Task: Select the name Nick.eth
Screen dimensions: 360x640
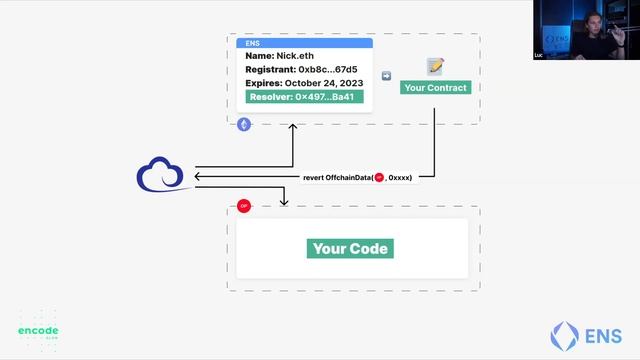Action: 280,56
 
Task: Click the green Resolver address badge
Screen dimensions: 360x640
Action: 304,97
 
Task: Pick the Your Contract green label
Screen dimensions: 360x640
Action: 434,88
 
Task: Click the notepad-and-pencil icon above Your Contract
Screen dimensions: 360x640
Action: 435,67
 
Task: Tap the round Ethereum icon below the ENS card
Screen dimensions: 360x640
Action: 244,124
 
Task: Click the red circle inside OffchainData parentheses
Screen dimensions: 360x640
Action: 379,177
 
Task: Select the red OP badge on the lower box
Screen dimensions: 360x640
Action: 243,206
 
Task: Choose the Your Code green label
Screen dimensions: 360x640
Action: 350,249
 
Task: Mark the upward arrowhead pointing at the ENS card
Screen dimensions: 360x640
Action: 293,127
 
